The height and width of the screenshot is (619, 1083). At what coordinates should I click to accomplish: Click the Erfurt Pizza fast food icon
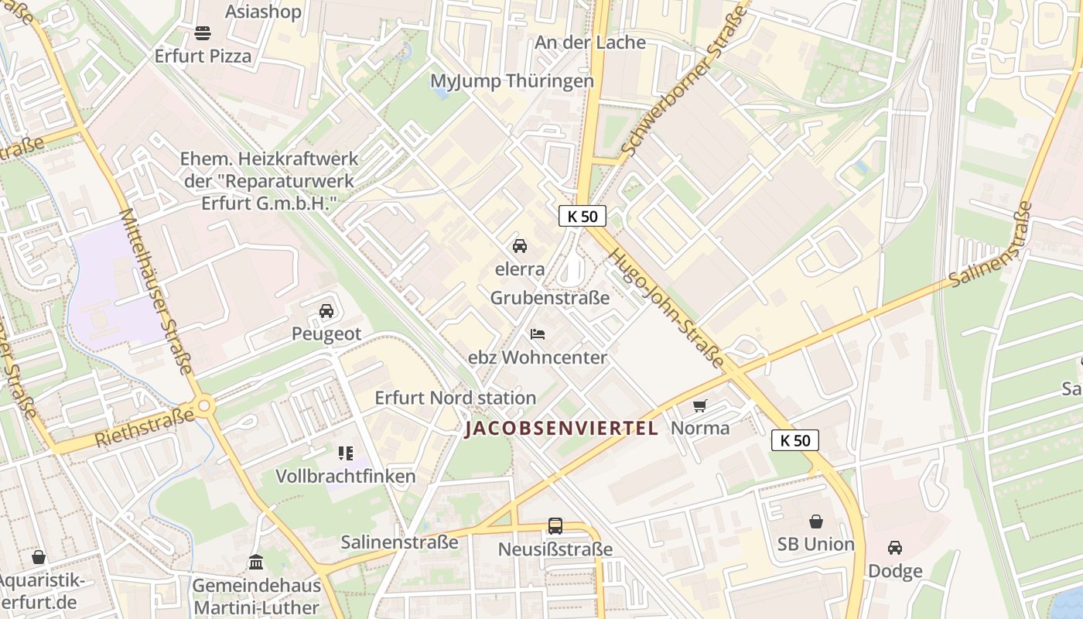pos(203,32)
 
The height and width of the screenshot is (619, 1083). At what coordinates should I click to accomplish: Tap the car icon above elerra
pos(520,246)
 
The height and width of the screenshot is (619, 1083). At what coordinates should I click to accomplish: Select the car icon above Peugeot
pos(326,311)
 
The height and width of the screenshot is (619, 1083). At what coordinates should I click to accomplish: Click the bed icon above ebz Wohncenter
pos(538,334)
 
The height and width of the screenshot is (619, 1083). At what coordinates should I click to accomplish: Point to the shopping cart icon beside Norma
pos(700,405)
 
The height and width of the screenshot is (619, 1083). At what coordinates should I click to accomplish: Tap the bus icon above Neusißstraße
pos(555,526)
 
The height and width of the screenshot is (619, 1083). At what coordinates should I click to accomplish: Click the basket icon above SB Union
pos(816,522)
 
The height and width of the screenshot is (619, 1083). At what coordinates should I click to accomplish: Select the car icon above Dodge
pos(895,548)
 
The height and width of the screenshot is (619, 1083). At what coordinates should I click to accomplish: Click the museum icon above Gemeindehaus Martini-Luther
pos(256,562)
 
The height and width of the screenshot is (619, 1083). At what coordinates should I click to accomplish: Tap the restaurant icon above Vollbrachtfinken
pos(346,453)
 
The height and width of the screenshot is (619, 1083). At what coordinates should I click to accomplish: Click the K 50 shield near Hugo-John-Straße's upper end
pos(582,217)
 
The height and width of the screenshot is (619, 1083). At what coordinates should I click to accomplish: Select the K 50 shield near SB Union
pos(795,441)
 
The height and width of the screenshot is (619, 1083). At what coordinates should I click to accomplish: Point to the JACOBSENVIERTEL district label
pos(562,428)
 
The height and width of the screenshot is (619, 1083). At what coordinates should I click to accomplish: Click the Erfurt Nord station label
pos(455,398)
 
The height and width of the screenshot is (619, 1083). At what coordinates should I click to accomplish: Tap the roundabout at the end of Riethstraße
pos(205,405)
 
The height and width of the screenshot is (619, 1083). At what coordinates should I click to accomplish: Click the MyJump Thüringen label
pos(512,81)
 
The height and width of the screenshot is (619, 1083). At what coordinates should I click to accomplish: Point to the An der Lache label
pos(590,43)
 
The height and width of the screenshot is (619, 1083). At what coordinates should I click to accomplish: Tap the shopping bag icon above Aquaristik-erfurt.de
pos(39,557)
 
